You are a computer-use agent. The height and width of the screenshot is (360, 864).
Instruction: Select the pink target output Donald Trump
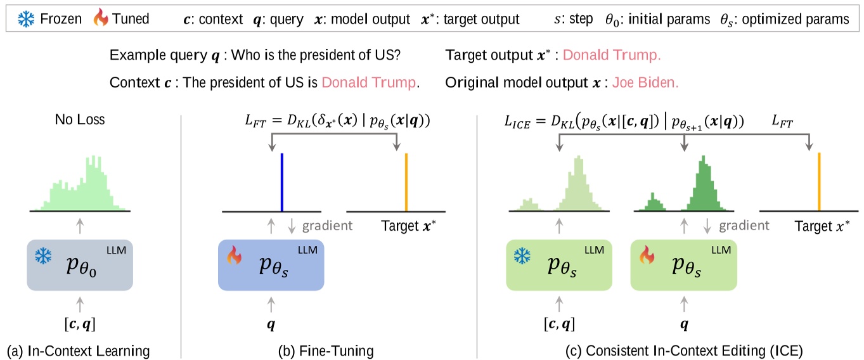tap(612, 55)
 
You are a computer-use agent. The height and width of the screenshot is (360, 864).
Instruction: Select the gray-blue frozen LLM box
tap(80, 266)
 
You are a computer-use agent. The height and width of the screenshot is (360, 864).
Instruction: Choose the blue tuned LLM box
tap(271, 266)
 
